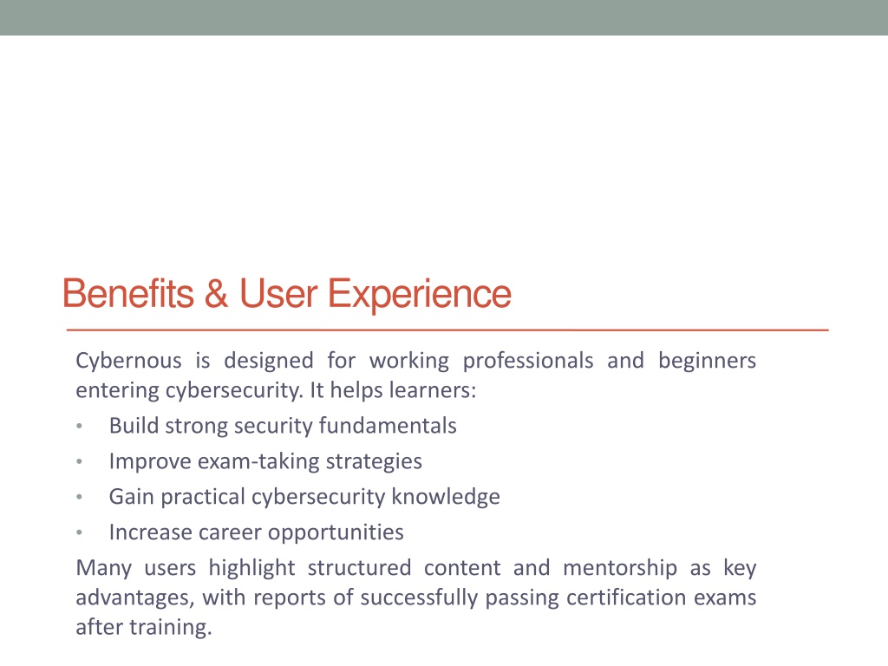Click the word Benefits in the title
pyautogui.click(x=128, y=293)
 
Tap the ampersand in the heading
pyautogui.click(x=216, y=293)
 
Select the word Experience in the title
pyautogui.click(x=420, y=295)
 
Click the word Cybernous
pyautogui.click(x=128, y=361)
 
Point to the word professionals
pyautogui.click(x=528, y=361)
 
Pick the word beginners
pyautogui.click(x=707, y=361)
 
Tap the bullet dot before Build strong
pyautogui.click(x=79, y=427)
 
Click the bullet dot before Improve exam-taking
pyautogui.click(x=79, y=462)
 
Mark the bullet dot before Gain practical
pyautogui.click(x=79, y=497)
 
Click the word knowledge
pyautogui.click(x=446, y=497)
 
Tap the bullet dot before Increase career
pyautogui.click(x=79, y=533)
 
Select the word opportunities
pyautogui.click(x=336, y=533)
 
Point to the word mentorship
pyautogui.click(x=620, y=568)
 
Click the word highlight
pyautogui.click(x=252, y=568)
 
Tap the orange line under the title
pyautogui.click(x=447, y=330)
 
